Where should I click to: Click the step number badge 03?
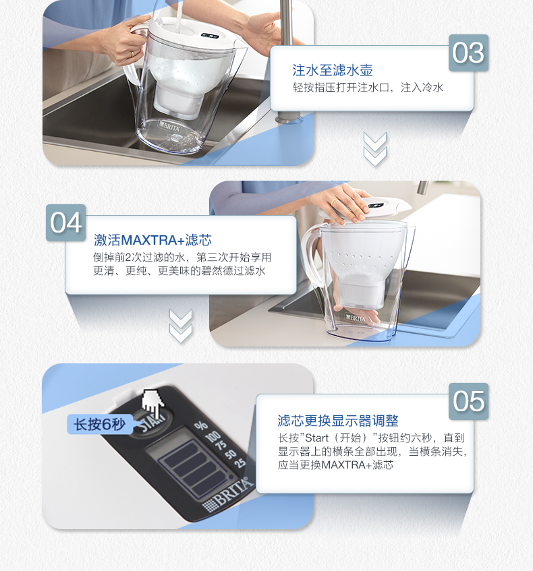[x=468, y=53]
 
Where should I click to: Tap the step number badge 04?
[x=66, y=222]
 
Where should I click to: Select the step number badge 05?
[x=468, y=401]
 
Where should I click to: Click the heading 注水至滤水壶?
[x=333, y=70]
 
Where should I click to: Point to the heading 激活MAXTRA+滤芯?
[x=152, y=240]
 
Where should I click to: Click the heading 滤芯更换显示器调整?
[x=338, y=421]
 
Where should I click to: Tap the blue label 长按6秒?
[x=100, y=424]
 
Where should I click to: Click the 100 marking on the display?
[x=213, y=435]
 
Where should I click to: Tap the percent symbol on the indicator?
[x=200, y=425]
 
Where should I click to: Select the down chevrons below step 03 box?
[x=375, y=149]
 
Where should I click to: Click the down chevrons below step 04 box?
[x=181, y=326]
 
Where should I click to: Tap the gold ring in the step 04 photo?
[x=334, y=202]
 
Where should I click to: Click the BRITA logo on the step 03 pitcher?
[x=169, y=127]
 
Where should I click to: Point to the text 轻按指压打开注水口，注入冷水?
[x=368, y=88]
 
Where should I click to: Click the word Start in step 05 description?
[x=316, y=438]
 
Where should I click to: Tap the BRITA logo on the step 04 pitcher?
[x=356, y=318]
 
